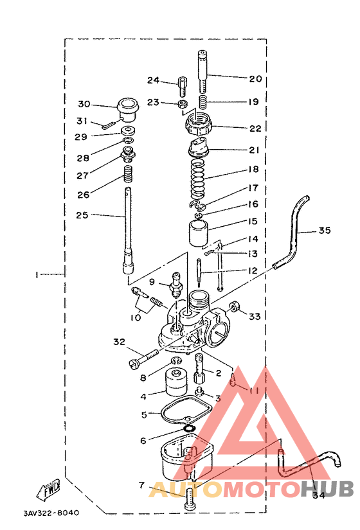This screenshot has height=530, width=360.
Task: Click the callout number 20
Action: (255, 79)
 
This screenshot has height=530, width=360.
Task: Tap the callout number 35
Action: (324, 231)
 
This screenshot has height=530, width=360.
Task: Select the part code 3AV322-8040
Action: (51, 513)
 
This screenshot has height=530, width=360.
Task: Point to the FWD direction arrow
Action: (48, 489)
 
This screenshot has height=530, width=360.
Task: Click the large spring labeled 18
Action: (198, 178)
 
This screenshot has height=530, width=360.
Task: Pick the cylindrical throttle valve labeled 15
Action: (198, 233)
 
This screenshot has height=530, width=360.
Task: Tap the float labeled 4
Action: (176, 382)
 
